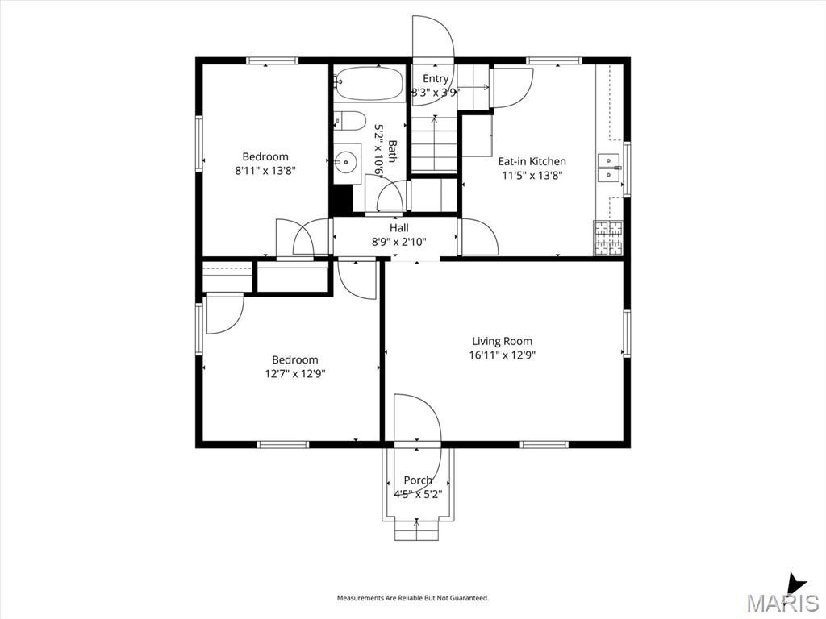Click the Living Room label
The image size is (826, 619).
coord(502,341)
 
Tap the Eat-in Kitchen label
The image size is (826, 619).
coord(532,161)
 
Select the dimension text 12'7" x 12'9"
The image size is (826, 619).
coord(295,374)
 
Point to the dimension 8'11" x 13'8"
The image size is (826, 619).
coord(265,171)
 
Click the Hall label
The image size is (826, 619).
coord(398,228)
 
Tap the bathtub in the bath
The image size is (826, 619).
coord(369,83)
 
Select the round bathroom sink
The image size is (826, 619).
coord(347,160)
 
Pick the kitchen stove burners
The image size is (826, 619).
coord(608,238)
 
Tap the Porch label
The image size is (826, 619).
coord(418,480)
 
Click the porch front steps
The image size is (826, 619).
coord(417,529)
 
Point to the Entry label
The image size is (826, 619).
coord(436,78)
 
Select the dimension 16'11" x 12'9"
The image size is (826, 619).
coord(502,355)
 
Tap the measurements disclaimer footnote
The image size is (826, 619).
coord(413,598)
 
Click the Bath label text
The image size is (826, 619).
coord(393,152)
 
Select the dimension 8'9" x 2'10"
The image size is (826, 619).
coord(398,242)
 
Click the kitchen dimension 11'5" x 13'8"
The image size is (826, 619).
coord(532,176)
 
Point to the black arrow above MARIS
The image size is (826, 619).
coord(795,585)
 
